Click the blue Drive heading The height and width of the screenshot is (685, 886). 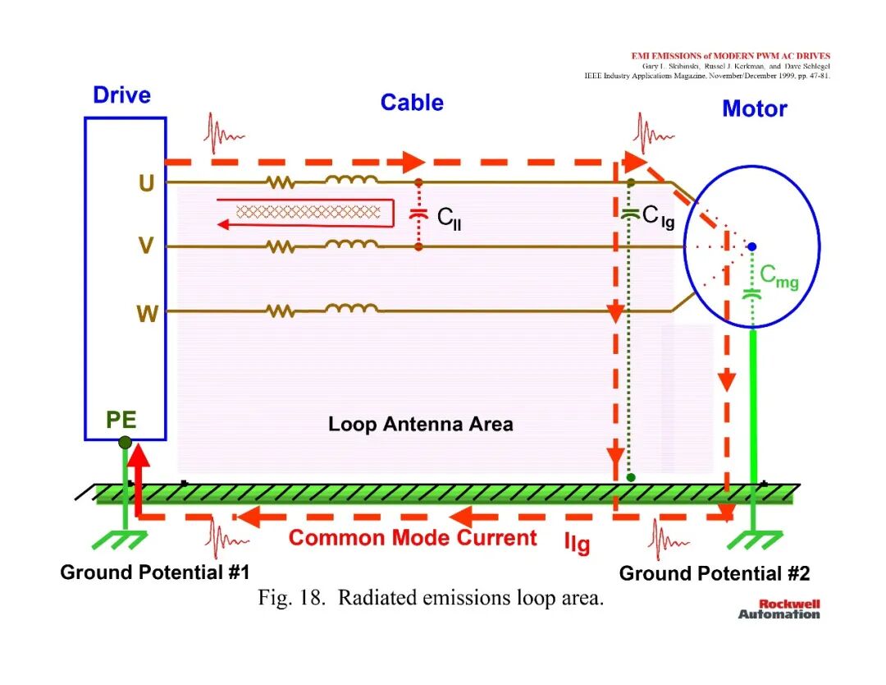(121, 95)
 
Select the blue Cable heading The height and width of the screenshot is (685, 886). (412, 103)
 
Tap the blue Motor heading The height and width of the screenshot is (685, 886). (755, 108)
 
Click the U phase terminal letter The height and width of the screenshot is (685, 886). (146, 183)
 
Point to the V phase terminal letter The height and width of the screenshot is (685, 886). (146, 246)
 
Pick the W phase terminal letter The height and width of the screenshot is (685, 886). (147, 313)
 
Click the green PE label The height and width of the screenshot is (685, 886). (121, 420)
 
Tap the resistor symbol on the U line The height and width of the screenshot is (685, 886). (281, 182)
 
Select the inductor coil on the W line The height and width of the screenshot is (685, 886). (351, 308)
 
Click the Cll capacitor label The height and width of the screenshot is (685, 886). (450, 218)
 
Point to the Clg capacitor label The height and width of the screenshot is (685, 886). (658, 217)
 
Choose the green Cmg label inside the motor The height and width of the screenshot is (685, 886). (779, 277)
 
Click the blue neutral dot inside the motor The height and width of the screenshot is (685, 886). (752, 246)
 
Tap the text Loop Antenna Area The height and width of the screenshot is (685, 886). (420, 425)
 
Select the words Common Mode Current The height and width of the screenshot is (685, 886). (413, 537)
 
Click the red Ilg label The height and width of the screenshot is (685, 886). (577, 544)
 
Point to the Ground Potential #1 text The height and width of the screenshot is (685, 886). (155, 572)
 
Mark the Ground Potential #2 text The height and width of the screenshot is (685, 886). (715, 573)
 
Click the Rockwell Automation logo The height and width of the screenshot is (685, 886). (779, 609)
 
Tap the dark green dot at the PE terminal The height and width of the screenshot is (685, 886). (126, 443)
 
